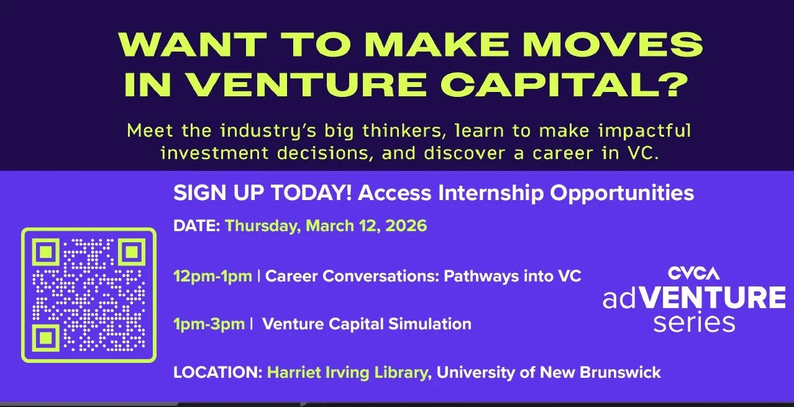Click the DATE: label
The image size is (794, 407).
tap(196, 226)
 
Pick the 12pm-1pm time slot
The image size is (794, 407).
tap(212, 276)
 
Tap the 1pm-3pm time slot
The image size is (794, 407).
tap(209, 324)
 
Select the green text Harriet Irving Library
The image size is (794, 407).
tap(347, 373)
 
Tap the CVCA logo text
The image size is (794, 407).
tap(693, 273)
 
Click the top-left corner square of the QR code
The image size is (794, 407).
tap(45, 252)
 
